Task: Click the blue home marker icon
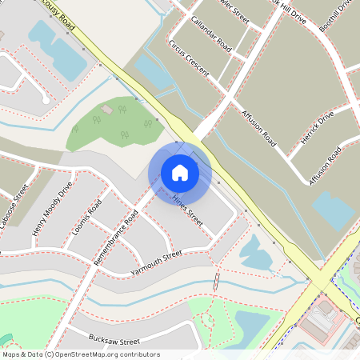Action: pos(180,172)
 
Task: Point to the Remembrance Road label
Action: pos(116,238)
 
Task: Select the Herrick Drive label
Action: pos(316,127)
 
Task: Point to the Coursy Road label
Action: pos(58,14)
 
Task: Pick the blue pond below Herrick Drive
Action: pos(334,208)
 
